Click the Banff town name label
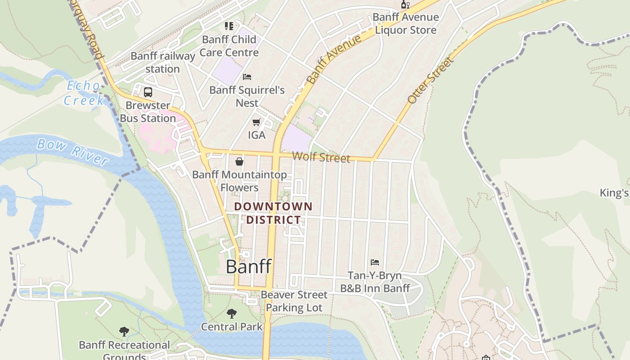pos(248,266)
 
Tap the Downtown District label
pos(273,213)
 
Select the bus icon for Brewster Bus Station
pos(148,92)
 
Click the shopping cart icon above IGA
pos(256,122)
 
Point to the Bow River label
pos(72,152)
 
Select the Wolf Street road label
pos(321,157)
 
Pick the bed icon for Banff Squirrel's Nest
pos(247,77)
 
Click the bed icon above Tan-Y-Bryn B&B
pos(375,262)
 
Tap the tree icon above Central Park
pos(232,313)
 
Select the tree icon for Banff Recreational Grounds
pos(124,332)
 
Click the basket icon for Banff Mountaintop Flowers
pos(239,161)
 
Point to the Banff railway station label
pos(162,63)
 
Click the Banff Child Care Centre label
pos(229,46)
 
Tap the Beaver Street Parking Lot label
pos(294,301)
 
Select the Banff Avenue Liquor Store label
pos(405,24)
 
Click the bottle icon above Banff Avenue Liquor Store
pos(405,4)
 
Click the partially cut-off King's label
pos(614,193)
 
